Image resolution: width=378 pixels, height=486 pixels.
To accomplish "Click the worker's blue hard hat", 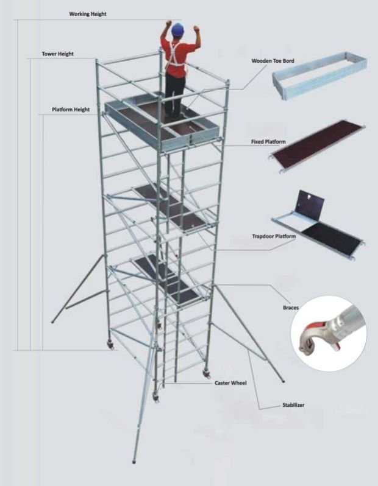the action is (x=178, y=29).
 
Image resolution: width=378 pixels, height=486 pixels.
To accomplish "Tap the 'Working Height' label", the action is (x=88, y=14).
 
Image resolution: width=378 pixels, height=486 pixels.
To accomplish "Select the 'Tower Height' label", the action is (x=58, y=54).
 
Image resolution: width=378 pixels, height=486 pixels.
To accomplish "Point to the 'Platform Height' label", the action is (x=71, y=110).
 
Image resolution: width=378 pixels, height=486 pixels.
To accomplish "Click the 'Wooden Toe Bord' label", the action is (x=273, y=61).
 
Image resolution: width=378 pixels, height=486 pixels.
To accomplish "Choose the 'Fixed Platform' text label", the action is (x=268, y=142).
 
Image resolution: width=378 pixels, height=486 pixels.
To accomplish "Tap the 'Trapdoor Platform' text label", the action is (x=274, y=236).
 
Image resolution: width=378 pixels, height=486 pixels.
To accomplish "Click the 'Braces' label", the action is (x=291, y=308).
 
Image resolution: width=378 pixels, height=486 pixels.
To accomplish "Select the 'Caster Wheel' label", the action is (x=230, y=383).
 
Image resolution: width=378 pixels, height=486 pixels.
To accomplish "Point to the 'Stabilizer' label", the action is (x=293, y=405).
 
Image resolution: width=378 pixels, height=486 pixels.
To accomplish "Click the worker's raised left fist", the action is (x=196, y=29).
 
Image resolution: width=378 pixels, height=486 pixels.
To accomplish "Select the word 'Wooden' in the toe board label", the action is (x=262, y=61).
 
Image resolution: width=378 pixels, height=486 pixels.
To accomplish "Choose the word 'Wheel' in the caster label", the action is (x=239, y=383).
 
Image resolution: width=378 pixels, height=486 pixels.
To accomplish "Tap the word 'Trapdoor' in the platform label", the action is (x=263, y=236).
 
